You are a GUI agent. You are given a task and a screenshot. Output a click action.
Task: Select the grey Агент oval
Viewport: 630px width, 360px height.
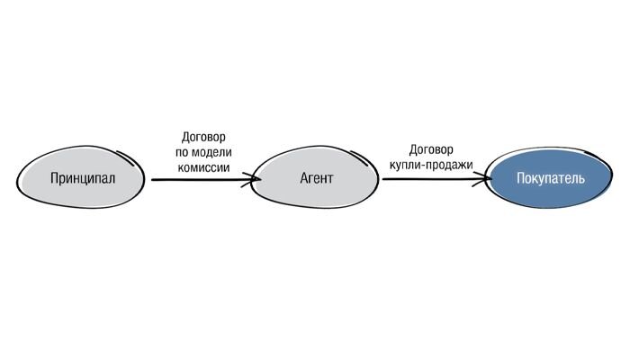click(x=316, y=178)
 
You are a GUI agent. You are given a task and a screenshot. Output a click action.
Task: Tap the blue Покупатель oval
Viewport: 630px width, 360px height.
click(x=550, y=178)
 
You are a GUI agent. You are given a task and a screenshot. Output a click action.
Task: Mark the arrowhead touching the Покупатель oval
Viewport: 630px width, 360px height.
click(x=490, y=179)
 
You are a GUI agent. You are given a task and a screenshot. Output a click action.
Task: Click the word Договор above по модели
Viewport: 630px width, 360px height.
click(x=202, y=137)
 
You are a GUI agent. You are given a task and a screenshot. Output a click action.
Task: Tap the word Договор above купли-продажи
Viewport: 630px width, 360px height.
click(x=431, y=149)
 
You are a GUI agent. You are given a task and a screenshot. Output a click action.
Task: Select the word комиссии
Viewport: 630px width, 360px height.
click(x=202, y=167)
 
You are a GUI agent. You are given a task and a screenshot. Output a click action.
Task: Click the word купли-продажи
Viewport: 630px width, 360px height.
click(x=431, y=165)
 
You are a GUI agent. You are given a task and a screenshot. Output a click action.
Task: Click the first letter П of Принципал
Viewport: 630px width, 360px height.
click(x=54, y=178)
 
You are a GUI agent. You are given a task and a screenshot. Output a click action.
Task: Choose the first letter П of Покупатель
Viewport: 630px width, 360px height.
click(x=520, y=178)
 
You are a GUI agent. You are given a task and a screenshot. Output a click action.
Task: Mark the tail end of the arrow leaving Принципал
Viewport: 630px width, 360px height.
click(x=153, y=180)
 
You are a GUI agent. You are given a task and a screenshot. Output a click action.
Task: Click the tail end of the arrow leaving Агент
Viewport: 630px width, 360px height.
click(x=384, y=179)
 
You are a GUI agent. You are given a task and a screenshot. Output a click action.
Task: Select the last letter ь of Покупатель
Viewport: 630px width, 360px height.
click(x=581, y=178)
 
